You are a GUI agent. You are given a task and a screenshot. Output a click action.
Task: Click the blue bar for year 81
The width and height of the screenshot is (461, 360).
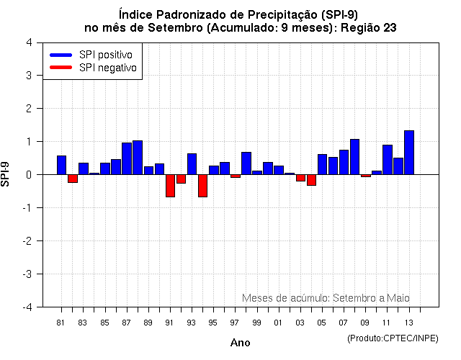61,165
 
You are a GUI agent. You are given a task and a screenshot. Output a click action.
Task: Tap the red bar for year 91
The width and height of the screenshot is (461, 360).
170,185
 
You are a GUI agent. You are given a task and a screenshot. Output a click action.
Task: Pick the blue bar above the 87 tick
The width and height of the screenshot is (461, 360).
127,158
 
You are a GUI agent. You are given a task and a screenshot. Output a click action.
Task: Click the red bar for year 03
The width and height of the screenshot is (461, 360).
300,178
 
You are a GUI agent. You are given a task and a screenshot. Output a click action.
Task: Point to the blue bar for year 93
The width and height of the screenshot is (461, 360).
192,164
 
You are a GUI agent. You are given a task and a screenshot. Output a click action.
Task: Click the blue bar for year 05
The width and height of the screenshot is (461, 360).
322,164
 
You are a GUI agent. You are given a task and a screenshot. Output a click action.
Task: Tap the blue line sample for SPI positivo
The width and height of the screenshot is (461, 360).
61,55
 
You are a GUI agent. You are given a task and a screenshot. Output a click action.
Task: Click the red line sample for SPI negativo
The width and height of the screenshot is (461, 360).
61,68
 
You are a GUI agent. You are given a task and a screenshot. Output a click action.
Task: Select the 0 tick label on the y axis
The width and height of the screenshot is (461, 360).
28,175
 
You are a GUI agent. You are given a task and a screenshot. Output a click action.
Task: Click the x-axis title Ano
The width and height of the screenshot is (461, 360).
240,343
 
